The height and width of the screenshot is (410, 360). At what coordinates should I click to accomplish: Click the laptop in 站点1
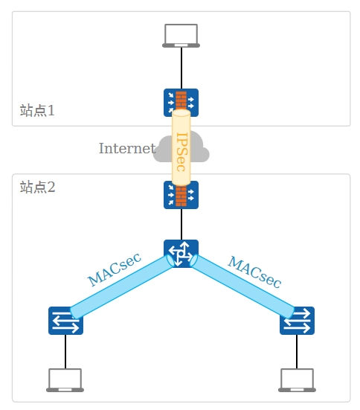(181, 36)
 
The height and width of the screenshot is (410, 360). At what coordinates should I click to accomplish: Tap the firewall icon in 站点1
(181, 103)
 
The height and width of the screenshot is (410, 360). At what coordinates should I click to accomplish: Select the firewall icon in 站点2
(181, 195)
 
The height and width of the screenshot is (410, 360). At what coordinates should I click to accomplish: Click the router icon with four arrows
(181, 254)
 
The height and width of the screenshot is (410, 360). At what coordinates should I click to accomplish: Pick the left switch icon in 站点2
(65, 321)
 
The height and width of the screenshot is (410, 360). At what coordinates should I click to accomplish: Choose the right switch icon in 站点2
(297, 321)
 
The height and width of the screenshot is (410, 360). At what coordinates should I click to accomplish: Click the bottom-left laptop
(65, 380)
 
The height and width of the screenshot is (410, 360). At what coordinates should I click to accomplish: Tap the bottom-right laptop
(297, 380)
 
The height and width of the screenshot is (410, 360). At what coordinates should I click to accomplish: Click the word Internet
(127, 148)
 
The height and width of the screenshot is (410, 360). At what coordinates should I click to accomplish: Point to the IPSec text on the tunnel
(181, 152)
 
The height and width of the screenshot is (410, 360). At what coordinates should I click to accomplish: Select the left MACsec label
(115, 269)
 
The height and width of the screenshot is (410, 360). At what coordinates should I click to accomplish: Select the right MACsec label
(254, 272)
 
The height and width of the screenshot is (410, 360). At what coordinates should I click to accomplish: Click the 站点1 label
(37, 110)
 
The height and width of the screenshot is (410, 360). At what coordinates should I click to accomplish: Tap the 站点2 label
(37, 187)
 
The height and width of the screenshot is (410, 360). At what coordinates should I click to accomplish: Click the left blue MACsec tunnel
(122, 286)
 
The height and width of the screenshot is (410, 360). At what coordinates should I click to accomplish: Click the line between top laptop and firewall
(181, 68)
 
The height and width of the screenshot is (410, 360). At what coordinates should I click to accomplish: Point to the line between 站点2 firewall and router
(181, 225)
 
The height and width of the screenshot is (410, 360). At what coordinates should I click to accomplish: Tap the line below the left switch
(65, 352)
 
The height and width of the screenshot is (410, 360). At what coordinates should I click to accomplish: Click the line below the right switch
(297, 352)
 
